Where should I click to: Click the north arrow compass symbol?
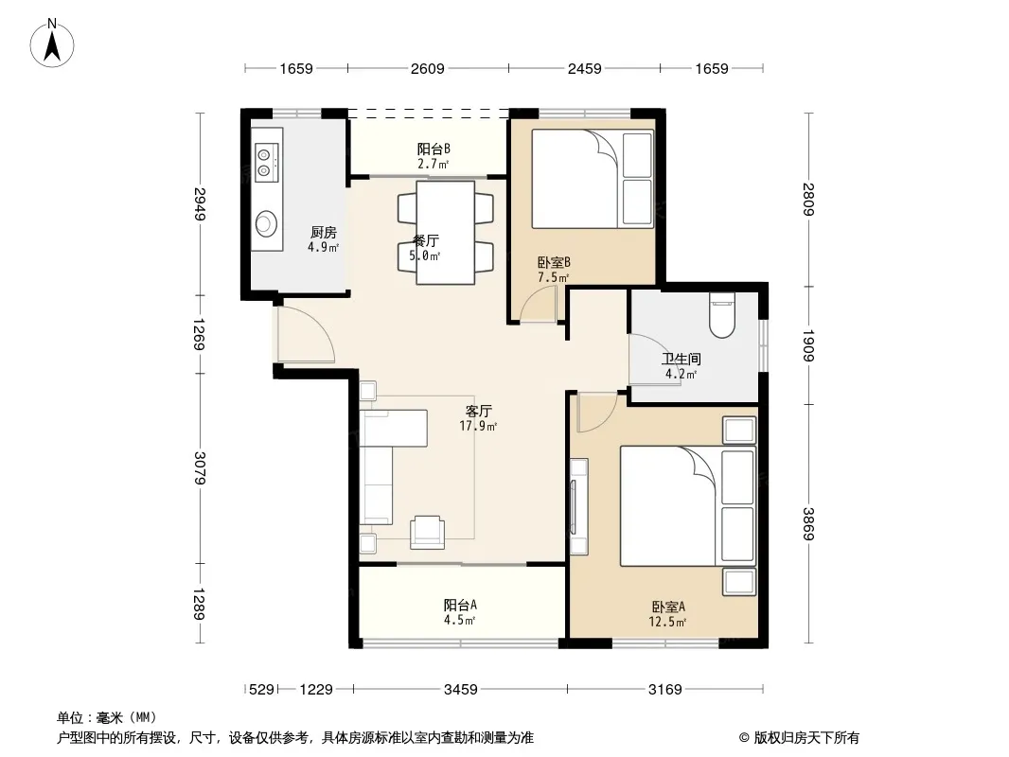coord(52,43)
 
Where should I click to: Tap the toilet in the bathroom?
coord(721,315)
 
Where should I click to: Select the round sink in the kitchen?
coord(266,224)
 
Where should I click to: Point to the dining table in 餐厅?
coord(445,232)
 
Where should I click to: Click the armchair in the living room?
coord(427,532)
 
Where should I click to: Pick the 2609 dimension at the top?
coord(427,68)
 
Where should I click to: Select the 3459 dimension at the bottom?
coord(461,690)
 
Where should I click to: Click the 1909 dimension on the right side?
coord(808,345)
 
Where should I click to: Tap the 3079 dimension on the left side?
coord(200,468)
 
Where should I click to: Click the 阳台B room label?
coord(434,150)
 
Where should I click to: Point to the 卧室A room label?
coord(668,607)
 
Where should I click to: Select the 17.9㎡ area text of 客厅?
coord(478,426)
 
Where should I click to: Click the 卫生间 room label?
coord(682,359)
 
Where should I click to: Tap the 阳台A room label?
coord(460,605)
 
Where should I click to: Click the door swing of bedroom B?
coord(538,304)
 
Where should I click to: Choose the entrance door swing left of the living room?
coord(306,334)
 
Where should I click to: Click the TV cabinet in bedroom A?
coord(578,506)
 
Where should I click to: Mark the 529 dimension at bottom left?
coord(261,690)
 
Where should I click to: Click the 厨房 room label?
coord(323,232)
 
